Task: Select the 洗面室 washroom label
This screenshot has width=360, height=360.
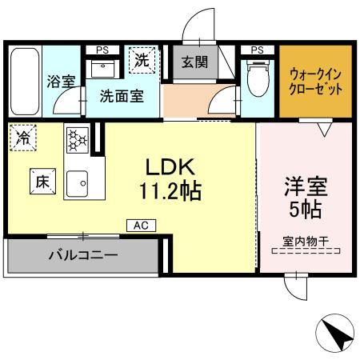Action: point(122,95)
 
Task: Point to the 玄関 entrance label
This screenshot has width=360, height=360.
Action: point(192,62)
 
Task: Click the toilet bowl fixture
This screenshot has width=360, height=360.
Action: point(257,78)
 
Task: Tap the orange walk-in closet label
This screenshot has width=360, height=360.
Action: point(315,81)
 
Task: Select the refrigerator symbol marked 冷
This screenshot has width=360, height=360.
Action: point(22,138)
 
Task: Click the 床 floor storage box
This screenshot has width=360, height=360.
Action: point(42,182)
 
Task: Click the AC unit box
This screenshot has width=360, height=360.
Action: point(141,226)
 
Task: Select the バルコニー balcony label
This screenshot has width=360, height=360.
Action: point(82,257)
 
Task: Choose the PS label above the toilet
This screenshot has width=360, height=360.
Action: point(257,49)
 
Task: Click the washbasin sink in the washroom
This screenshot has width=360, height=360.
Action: point(103,70)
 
